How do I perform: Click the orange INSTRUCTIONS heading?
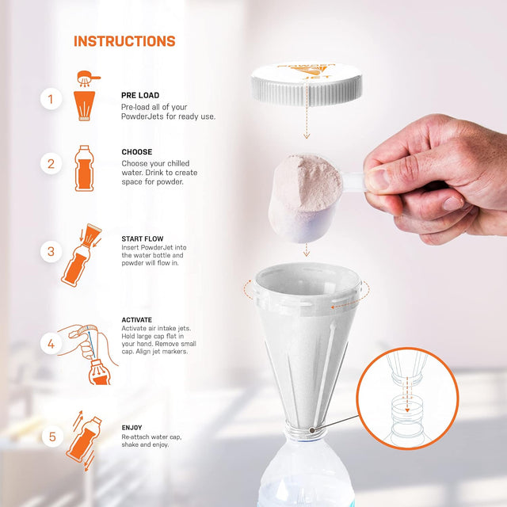124,41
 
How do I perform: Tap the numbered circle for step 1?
51,99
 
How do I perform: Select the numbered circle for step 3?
51,252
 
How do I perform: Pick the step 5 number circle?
52,436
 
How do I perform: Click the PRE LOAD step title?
140,95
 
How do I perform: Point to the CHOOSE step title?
137,152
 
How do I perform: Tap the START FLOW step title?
143,239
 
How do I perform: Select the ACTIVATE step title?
137,320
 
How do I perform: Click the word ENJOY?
132,428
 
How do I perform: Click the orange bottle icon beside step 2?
84,168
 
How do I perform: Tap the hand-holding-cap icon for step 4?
88,354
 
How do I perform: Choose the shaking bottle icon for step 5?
85,440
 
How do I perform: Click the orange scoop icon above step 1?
88,78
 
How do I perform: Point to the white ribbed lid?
307,83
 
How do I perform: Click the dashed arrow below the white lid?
307,121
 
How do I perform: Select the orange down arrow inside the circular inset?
407,394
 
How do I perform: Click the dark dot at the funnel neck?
312,430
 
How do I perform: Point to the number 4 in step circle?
51,344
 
